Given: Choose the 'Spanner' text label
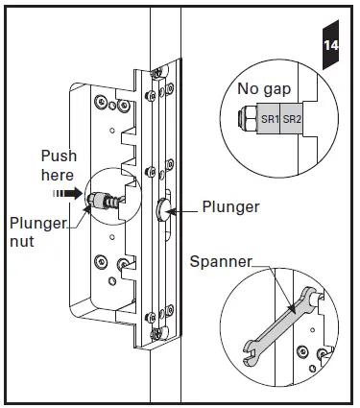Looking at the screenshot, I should pyautogui.click(x=220, y=260).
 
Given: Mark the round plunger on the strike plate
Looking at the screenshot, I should pyautogui.click(x=159, y=209).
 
